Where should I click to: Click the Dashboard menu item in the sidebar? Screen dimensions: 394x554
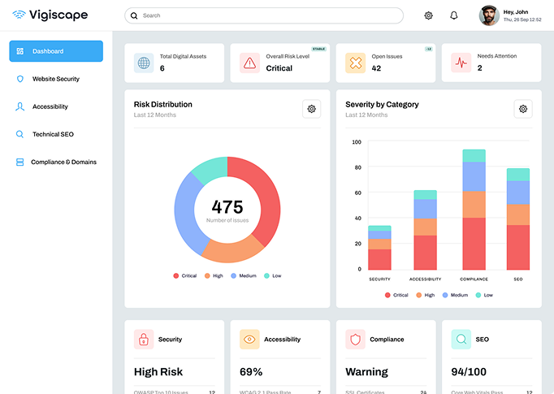tap(56, 51)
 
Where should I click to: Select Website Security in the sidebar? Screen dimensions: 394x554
tap(55, 79)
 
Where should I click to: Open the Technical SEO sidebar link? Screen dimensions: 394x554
tap(53, 134)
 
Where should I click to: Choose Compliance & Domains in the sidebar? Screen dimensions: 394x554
tap(63, 162)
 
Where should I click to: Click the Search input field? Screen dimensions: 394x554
tap(264, 15)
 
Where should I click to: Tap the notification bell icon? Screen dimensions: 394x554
tap(453, 15)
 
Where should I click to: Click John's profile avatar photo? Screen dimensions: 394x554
tap(488, 15)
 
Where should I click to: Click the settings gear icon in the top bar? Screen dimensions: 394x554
tap(428, 15)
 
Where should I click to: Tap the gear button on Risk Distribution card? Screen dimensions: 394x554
tap(311, 109)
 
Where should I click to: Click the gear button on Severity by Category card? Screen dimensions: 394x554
tap(523, 109)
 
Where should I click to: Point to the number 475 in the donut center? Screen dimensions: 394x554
tap(227, 206)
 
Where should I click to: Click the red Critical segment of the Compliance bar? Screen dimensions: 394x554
tap(474, 243)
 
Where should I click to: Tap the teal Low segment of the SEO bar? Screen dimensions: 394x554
tap(517, 174)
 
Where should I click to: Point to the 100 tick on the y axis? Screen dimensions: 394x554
tap(357, 142)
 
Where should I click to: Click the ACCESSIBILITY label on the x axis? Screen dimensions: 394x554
tap(425, 279)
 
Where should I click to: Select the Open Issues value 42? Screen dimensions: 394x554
tap(376, 68)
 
